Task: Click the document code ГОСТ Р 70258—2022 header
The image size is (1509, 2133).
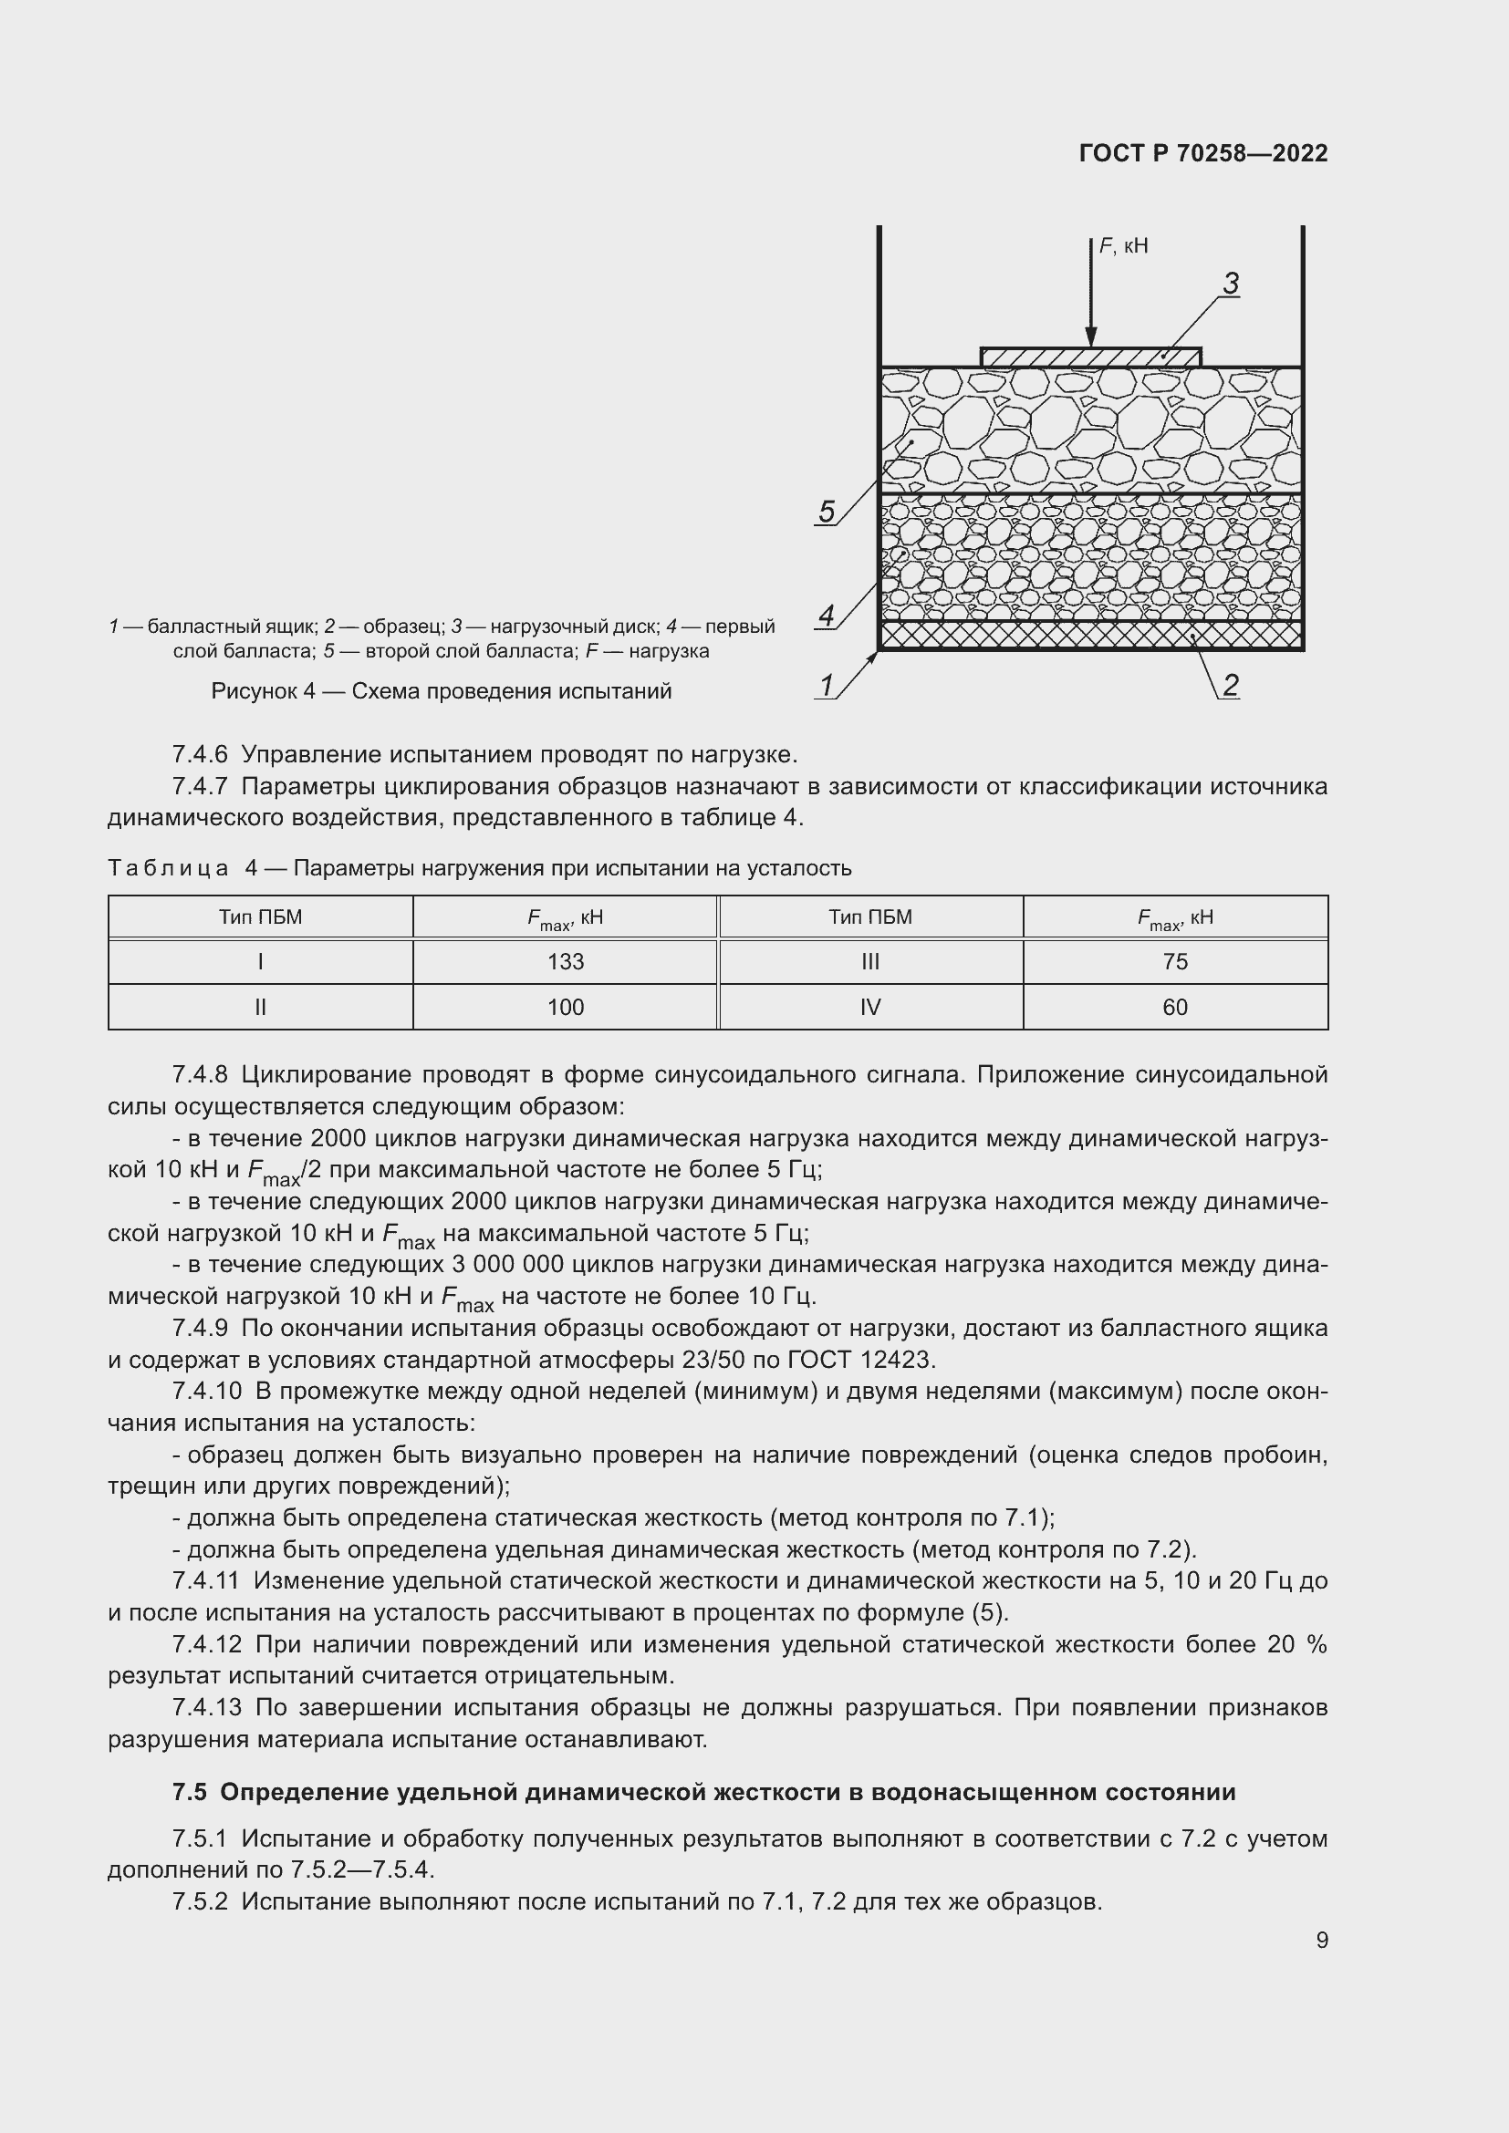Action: tap(1203, 153)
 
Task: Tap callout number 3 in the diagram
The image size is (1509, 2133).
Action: tap(1230, 284)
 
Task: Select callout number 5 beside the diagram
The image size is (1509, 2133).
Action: tap(826, 511)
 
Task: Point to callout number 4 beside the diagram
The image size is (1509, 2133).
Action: tap(826, 615)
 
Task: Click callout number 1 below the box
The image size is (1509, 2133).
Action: tap(825, 686)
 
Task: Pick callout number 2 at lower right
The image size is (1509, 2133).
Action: tap(1230, 686)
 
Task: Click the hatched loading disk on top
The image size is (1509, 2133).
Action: tap(1091, 357)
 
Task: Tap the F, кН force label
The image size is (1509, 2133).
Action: tap(1123, 246)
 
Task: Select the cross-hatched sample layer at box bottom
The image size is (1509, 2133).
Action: tap(1091, 636)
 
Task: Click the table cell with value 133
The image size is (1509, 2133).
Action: tap(565, 961)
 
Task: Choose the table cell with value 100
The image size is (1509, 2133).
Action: tap(565, 1007)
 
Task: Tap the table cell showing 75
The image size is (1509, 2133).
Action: tap(1174, 961)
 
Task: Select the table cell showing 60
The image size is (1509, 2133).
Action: tap(1174, 1007)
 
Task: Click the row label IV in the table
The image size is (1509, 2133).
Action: tap(869, 1007)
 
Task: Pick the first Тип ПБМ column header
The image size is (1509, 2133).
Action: tap(260, 916)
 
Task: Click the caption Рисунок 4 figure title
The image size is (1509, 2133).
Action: tap(441, 691)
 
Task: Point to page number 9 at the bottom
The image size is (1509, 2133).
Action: tap(1321, 1940)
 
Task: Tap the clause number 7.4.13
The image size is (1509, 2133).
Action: tap(206, 1707)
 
